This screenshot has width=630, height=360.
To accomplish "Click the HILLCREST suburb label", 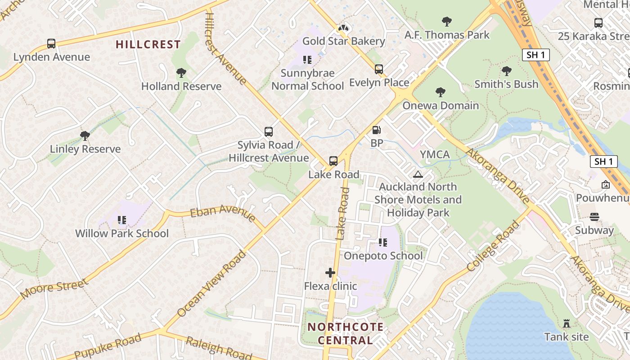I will pyautogui.click(x=148, y=44).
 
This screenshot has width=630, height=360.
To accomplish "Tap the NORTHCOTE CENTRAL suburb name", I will pyautogui.click(x=346, y=333).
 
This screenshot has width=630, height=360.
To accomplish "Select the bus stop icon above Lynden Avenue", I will pyautogui.click(x=51, y=44).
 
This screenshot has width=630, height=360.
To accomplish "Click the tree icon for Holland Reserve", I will pyautogui.click(x=181, y=73).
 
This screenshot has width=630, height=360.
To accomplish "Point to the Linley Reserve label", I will pyautogui.click(x=85, y=149).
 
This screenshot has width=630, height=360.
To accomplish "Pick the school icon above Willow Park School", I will pyautogui.click(x=121, y=220).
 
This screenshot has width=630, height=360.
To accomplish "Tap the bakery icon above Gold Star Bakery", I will pyautogui.click(x=344, y=28).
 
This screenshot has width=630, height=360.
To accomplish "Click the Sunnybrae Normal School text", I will pyautogui.click(x=308, y=80).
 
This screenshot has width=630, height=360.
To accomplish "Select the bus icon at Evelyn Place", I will pyautogui.click(x=379, y=69).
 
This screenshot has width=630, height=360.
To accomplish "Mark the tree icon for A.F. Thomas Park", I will pyautogui.click(x=446, y=21).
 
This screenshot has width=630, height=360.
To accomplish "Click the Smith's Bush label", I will pyautogui.click(x=506, y=84).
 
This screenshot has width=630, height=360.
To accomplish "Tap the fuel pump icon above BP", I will pyautogui.click(x=377, y=130).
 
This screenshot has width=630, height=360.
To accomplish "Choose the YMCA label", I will pyautogui.click(x=435, y=154).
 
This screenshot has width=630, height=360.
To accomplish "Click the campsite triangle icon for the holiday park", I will pyautogui.click(x=418, y=174).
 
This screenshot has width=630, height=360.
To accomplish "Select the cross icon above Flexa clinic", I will pyautogui.click(x=330, y=273).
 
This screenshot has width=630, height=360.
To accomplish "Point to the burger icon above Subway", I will pyautogui.click(x=594, y=217).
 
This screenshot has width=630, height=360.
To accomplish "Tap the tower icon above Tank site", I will pyautogui.click(x=567, y=323).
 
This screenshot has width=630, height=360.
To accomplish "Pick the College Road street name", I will pyautogui.click(x=493, y=246).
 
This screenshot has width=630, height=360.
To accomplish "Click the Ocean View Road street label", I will pyautogui.click(x=211, y=284).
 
